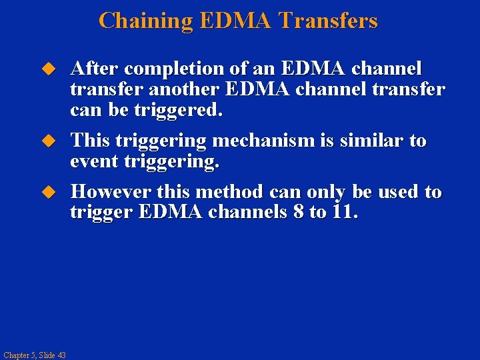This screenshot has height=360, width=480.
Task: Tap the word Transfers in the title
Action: click(328, 21)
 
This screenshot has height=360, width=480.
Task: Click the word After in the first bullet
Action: click(95, 69)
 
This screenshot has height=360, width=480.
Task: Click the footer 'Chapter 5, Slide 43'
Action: click(34, 355)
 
